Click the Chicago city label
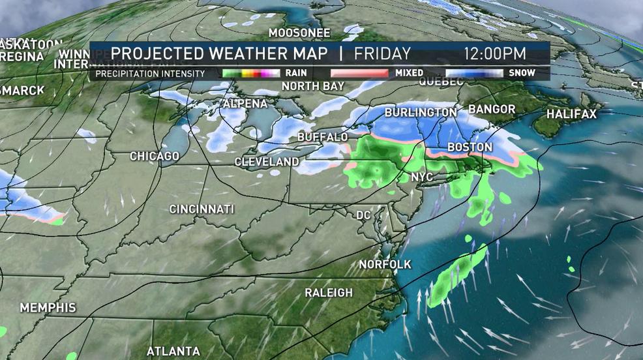(x=155, y=157)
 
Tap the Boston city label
(x=470, y=148)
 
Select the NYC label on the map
(x=422, y=177)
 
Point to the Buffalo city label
(x=322, y=138)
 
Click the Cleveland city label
(x=267, y=162)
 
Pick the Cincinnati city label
(x=202, y=209)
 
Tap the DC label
(x=363, y=215)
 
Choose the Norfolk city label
(x=385, y=264)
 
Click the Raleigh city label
(x=329, y=293)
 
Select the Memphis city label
(x=48, y=307)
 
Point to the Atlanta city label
(x=173, y=351)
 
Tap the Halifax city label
(x=571, y=114)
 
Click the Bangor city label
(x=492, y=109)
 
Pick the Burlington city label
(x=420, y=113)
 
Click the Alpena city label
(x=245, y=104)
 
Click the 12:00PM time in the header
(x=495, y=53)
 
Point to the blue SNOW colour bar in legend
(x=474, y=73)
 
